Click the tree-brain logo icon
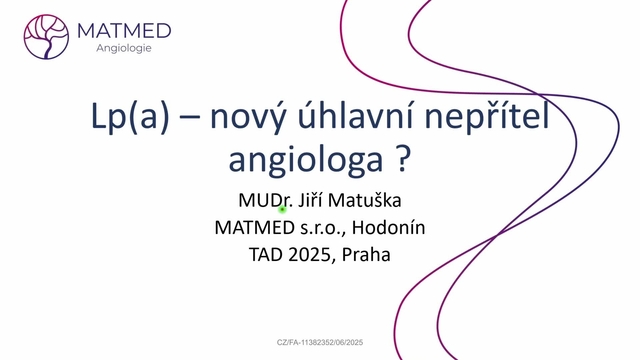[46, 35]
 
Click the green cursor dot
[283, 209]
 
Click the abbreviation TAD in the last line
[264, 254]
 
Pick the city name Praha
[366, 254]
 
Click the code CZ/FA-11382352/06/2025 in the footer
[320, 342]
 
